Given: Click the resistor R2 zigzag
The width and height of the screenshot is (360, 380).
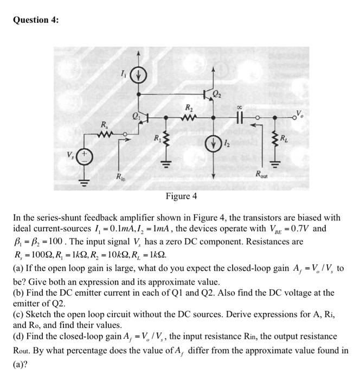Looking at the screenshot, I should pyautogui.click(x=188, y=116).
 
